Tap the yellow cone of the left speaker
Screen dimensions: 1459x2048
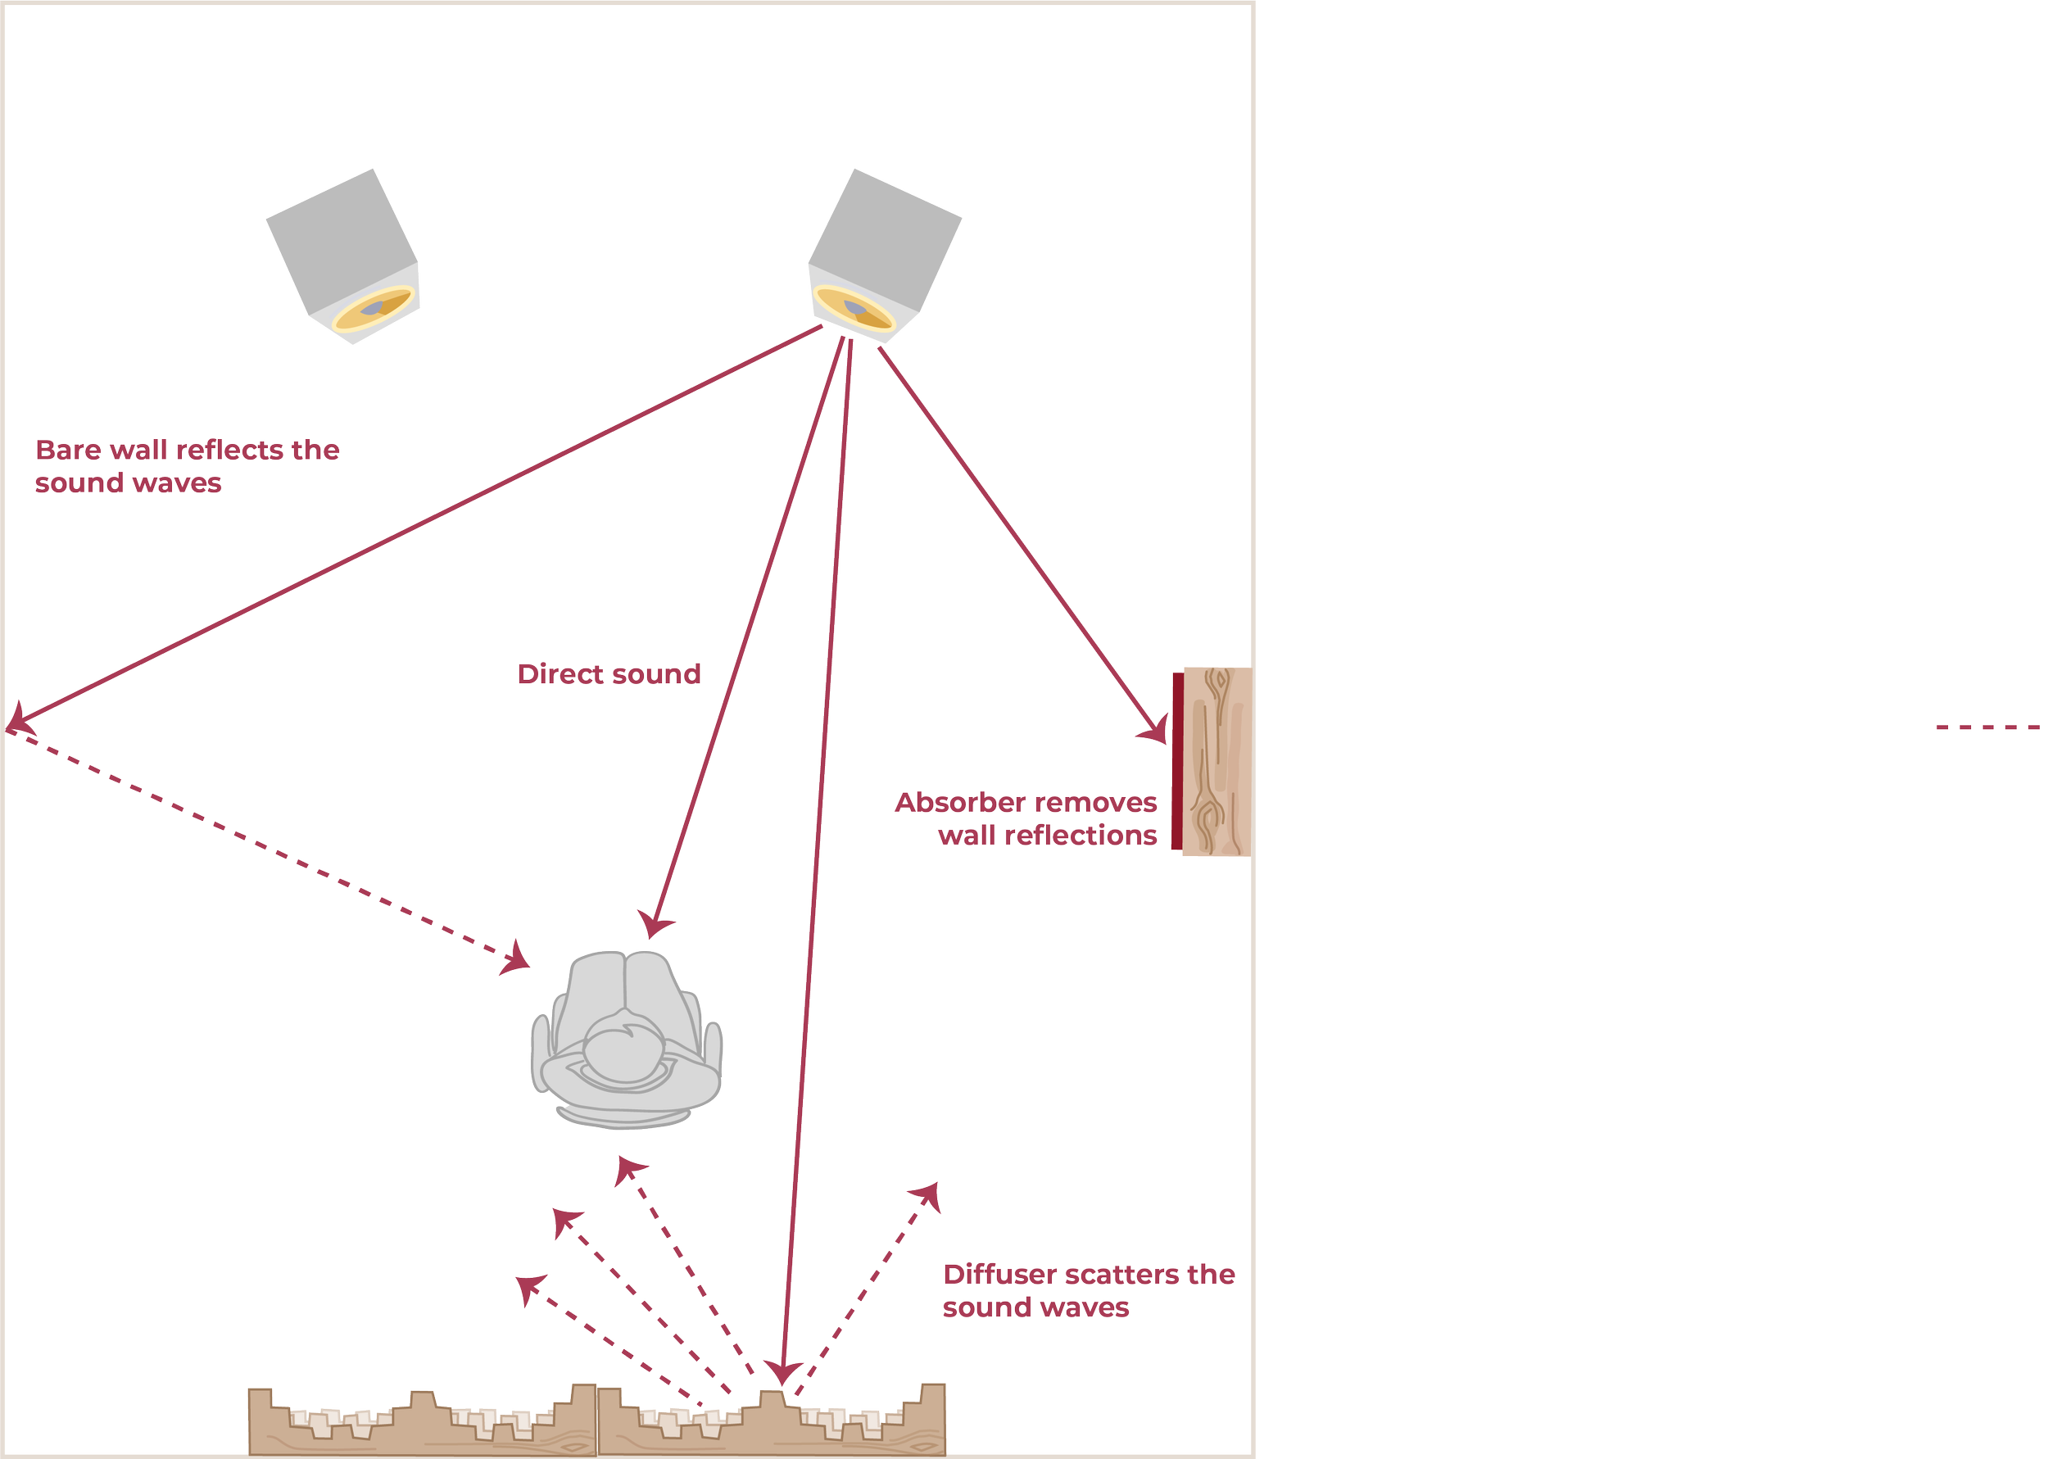[374, 308]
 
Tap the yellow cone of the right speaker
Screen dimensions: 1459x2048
[854, 308]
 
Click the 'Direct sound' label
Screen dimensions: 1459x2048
[609, 674]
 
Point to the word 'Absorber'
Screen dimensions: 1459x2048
[959, 802]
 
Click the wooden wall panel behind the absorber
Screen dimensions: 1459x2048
[1217, 762]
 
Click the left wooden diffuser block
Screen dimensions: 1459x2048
[422, 1422]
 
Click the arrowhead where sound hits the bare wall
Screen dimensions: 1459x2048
[18, 719]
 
